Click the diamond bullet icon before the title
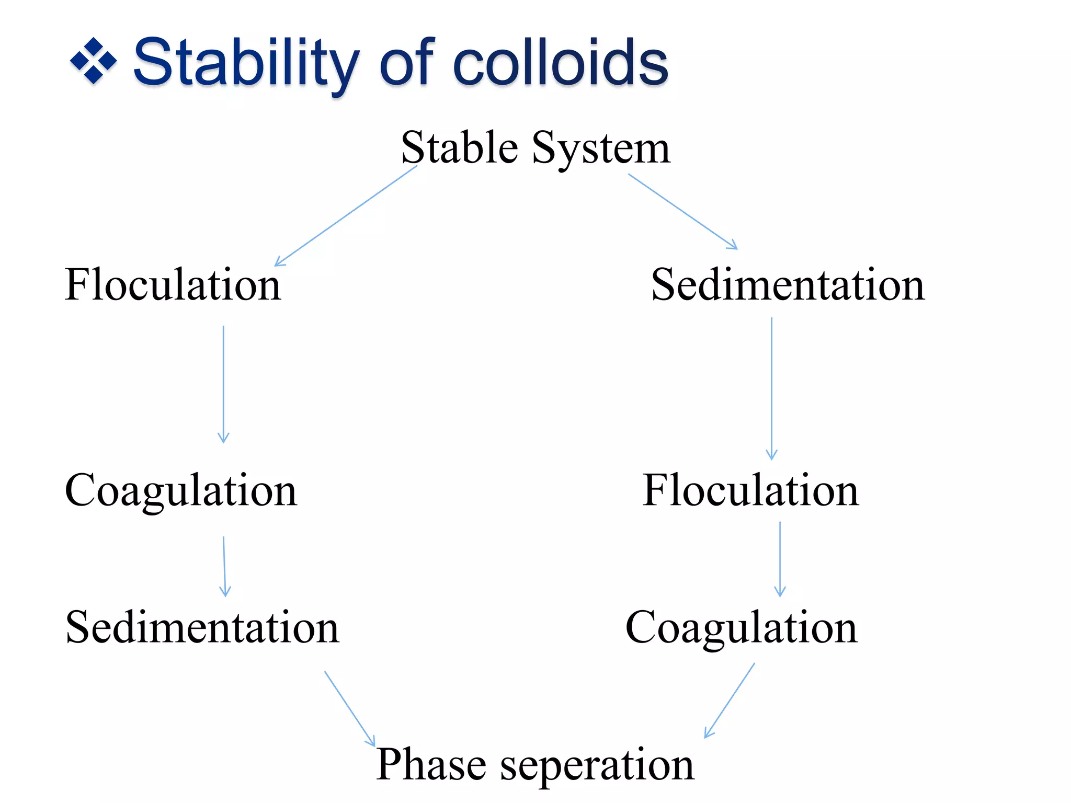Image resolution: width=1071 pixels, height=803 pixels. (x=93, y=61)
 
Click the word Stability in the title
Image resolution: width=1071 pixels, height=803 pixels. (x=246, y=63)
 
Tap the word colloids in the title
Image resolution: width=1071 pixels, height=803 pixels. (x=560, y=63)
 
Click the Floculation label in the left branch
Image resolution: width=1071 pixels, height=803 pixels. (x=173, y=285)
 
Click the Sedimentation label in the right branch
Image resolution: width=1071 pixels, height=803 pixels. (x=788, y=285)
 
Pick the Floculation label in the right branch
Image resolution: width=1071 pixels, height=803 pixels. (x=750, y=490)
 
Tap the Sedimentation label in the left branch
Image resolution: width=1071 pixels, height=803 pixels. (x=202, y=627)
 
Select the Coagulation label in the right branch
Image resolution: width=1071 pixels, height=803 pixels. (x=741, y=627)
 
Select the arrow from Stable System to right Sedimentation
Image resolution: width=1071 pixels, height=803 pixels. (x=682, y=211)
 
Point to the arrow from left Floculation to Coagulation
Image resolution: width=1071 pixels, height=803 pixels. (x=223, y=384)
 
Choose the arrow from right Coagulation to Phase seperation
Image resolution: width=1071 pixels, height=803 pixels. (x=730, y=701)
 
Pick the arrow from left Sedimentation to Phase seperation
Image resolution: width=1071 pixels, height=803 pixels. (x=349, y=708)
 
